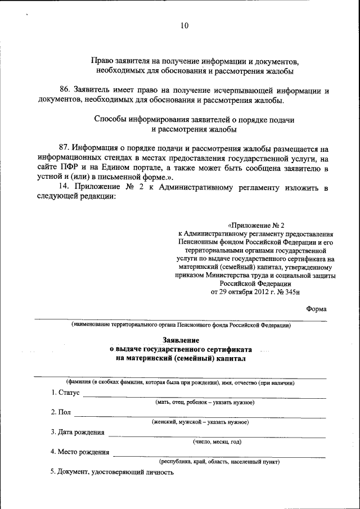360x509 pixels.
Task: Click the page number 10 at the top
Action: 184,25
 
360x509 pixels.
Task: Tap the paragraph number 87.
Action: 65,149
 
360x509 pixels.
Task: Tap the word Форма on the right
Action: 316,308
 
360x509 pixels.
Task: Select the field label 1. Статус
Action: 65,392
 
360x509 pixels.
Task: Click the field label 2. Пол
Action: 61,412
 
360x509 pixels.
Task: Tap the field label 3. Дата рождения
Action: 78,432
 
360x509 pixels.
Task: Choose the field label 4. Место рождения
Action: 80,452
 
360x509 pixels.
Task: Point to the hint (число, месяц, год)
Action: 217,442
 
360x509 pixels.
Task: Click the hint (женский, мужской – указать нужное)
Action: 200,422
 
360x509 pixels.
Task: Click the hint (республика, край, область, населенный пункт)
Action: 219,462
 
